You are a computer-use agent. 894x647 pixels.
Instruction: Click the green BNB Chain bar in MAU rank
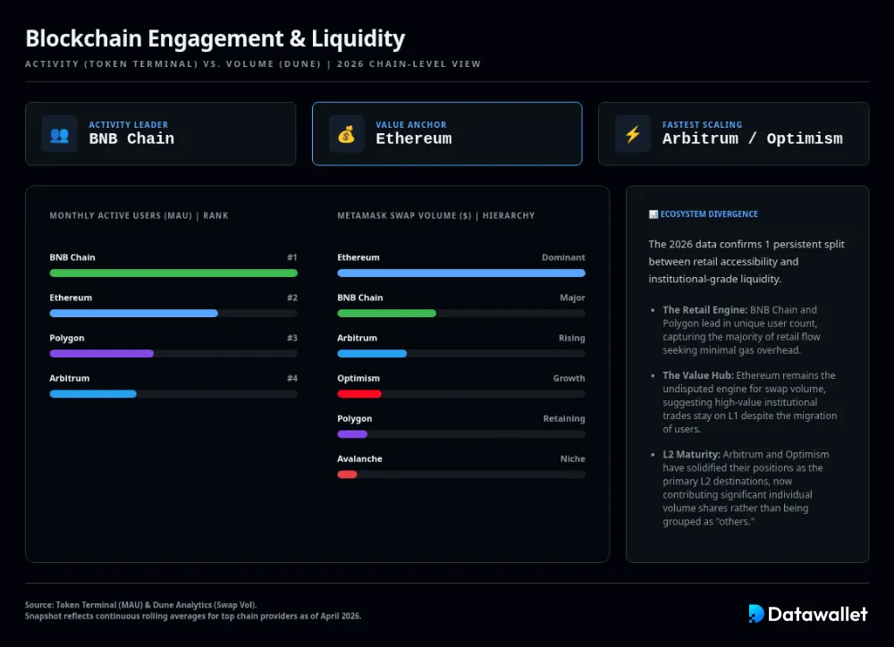pos(173,273)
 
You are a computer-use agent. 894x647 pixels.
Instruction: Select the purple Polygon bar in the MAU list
pos(102,354)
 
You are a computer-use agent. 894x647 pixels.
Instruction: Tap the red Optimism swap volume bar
pos(359,394)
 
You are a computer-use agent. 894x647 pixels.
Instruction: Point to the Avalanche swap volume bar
pos(347,475)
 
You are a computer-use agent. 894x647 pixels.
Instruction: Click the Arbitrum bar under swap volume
pos(372,354)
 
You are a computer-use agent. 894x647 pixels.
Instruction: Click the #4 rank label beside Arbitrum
pos(291,378)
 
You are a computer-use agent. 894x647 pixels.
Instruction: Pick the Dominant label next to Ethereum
pos(563,257)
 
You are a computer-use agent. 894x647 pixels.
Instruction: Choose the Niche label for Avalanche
pos(572,458)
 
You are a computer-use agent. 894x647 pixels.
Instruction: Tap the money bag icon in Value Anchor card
pos(346,134)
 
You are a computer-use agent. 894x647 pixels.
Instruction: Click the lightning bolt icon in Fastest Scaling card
pos(632,134)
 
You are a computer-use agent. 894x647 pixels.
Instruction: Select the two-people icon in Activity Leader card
pos(59,134)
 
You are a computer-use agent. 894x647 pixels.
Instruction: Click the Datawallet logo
pos(807,613)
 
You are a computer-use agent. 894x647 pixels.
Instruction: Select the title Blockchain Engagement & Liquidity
pos(215,38)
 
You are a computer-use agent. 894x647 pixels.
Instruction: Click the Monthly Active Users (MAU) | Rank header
pos(139,215)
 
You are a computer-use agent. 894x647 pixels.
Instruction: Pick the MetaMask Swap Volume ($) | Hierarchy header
pos(435,215)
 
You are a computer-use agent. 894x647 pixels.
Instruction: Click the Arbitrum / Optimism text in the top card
pos(752,139)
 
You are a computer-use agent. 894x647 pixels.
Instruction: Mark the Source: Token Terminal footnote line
pos(140,605)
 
